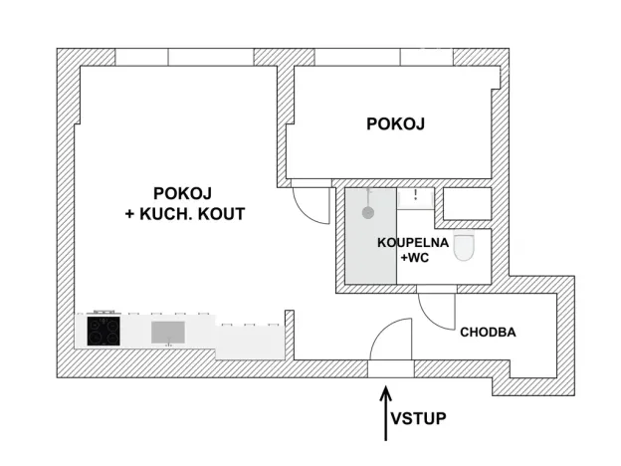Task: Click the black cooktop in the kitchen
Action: pyautogui.click(x=103, y=330)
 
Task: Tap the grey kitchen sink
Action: pyautogui.click(x=167, y=331)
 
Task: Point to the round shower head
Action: pyautogui.click(x=368, y=211)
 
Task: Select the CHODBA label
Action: pyautogui.click(x=487, y=333)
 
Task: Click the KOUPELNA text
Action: pyautogui.click(x=412, y=242)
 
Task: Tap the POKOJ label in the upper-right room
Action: pyautogui.click(x=395, y=124)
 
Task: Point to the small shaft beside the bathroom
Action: pyautogui.click(x=466, y=204)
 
